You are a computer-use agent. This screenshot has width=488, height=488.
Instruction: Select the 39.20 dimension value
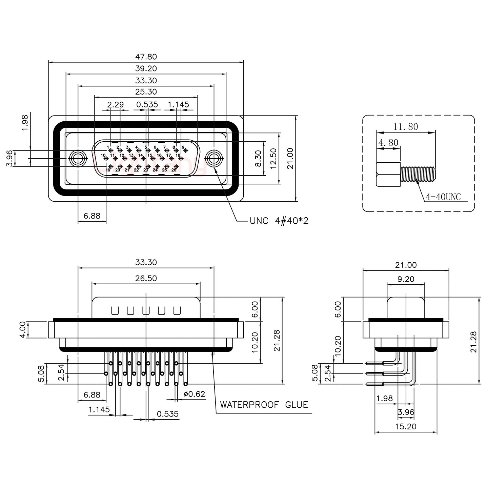(146, 68)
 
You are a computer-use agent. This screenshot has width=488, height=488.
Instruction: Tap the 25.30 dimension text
(146, 92)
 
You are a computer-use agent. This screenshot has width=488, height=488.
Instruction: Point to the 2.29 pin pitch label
(116, 105)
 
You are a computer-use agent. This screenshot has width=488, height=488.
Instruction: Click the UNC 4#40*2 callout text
(279, 221)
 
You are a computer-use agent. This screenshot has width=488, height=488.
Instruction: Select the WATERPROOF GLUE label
(264, 405)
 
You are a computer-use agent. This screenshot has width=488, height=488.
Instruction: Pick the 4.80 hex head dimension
(388, 143)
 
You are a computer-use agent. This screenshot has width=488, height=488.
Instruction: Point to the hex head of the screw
(388, 174)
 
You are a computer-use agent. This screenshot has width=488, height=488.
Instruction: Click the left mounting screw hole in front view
(78, 158)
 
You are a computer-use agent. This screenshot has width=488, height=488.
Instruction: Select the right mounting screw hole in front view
(214, 158)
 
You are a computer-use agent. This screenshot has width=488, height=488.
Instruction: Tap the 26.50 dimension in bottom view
(146, 278)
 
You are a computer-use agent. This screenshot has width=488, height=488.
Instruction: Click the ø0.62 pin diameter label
(194, 394)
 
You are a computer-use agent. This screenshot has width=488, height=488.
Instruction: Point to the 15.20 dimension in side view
(405, 427)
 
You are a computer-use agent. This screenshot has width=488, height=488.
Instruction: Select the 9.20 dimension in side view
(405, 279)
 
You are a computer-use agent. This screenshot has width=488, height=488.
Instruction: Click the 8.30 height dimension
(258, 159)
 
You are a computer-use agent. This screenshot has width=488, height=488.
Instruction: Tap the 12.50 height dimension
(273, 159)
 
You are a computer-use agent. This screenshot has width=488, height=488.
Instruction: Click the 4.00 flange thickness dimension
(22, 330)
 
